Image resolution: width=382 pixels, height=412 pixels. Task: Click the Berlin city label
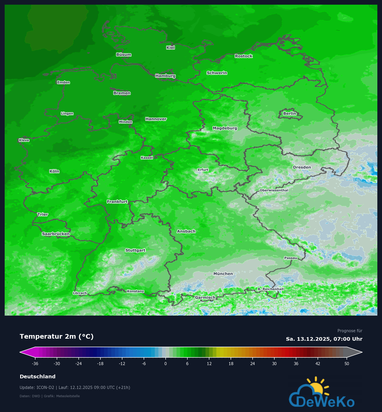(x=289, y=113)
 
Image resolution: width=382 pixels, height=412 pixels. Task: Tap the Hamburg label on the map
(x=165, y=76)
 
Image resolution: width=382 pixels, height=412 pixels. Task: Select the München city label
(x=223, y=274)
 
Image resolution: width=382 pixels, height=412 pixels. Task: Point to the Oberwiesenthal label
(x=274, y=190)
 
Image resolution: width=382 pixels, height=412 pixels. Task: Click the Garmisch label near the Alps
(x=205, y=297)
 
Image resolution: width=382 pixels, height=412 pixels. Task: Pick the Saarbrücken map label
(x=56, y=234)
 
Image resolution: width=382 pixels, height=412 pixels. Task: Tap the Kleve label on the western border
(x=24, y=140)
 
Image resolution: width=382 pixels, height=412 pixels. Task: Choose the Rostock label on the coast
(x=244, y=56)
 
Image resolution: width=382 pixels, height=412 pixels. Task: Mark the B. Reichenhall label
(x=271, y=289)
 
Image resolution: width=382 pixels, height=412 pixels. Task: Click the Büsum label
(x=124, y=55)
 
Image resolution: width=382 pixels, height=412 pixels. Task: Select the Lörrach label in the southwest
(x=80, y=293)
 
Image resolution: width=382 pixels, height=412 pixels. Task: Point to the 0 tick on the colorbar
(x=166, y=364)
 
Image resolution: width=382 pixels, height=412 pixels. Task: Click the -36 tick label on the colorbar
(x=35, y=364)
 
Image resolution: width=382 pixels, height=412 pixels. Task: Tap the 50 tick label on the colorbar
(x=347, y=364)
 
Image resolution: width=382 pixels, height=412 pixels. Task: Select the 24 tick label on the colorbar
(x=253, y=364)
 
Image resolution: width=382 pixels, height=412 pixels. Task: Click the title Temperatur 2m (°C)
(x=56, y=336)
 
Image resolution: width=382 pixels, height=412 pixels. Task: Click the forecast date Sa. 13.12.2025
(x=308, y=339)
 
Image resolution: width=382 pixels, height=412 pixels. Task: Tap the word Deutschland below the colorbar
(x=38, y=377)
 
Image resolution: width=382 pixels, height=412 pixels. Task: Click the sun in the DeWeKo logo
(x=317, y=388)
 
